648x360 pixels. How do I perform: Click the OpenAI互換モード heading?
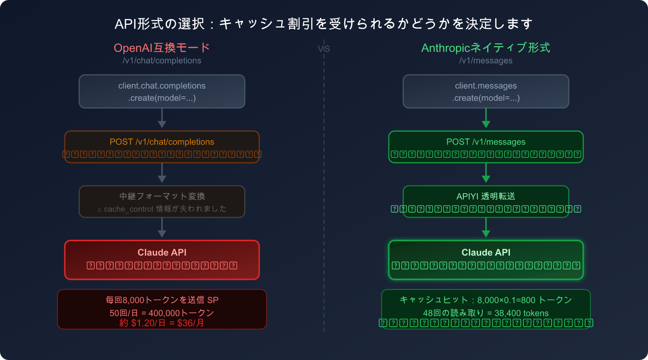click(162, 48)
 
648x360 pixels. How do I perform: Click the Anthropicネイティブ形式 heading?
click(486, 48)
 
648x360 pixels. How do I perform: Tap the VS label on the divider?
click(324, 49)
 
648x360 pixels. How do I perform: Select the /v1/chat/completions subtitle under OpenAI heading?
click(162, 61)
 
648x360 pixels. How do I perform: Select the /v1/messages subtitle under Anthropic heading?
click(486, 61)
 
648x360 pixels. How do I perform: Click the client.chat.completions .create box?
click(162, 92)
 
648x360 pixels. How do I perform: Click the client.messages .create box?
click(486, 92)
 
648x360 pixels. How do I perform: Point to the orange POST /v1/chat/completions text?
click(162, 142)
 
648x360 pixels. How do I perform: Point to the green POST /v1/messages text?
click(486, 142)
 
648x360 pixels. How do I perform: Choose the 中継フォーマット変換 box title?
click(162, 196)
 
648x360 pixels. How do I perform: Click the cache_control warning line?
click(162, 209)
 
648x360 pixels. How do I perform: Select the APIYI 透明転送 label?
click(486, 196)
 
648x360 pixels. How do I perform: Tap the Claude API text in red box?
click(162, 252)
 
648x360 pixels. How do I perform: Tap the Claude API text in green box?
click(486, 252)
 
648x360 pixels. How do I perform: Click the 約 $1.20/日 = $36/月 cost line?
click(162, 323)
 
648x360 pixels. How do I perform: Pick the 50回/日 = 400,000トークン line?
click(162, 313)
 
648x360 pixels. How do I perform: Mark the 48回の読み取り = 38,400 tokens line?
click(486, 313)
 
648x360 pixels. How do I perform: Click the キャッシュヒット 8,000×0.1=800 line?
click(486, 300)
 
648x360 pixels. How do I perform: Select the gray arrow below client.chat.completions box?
click(162, 119)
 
